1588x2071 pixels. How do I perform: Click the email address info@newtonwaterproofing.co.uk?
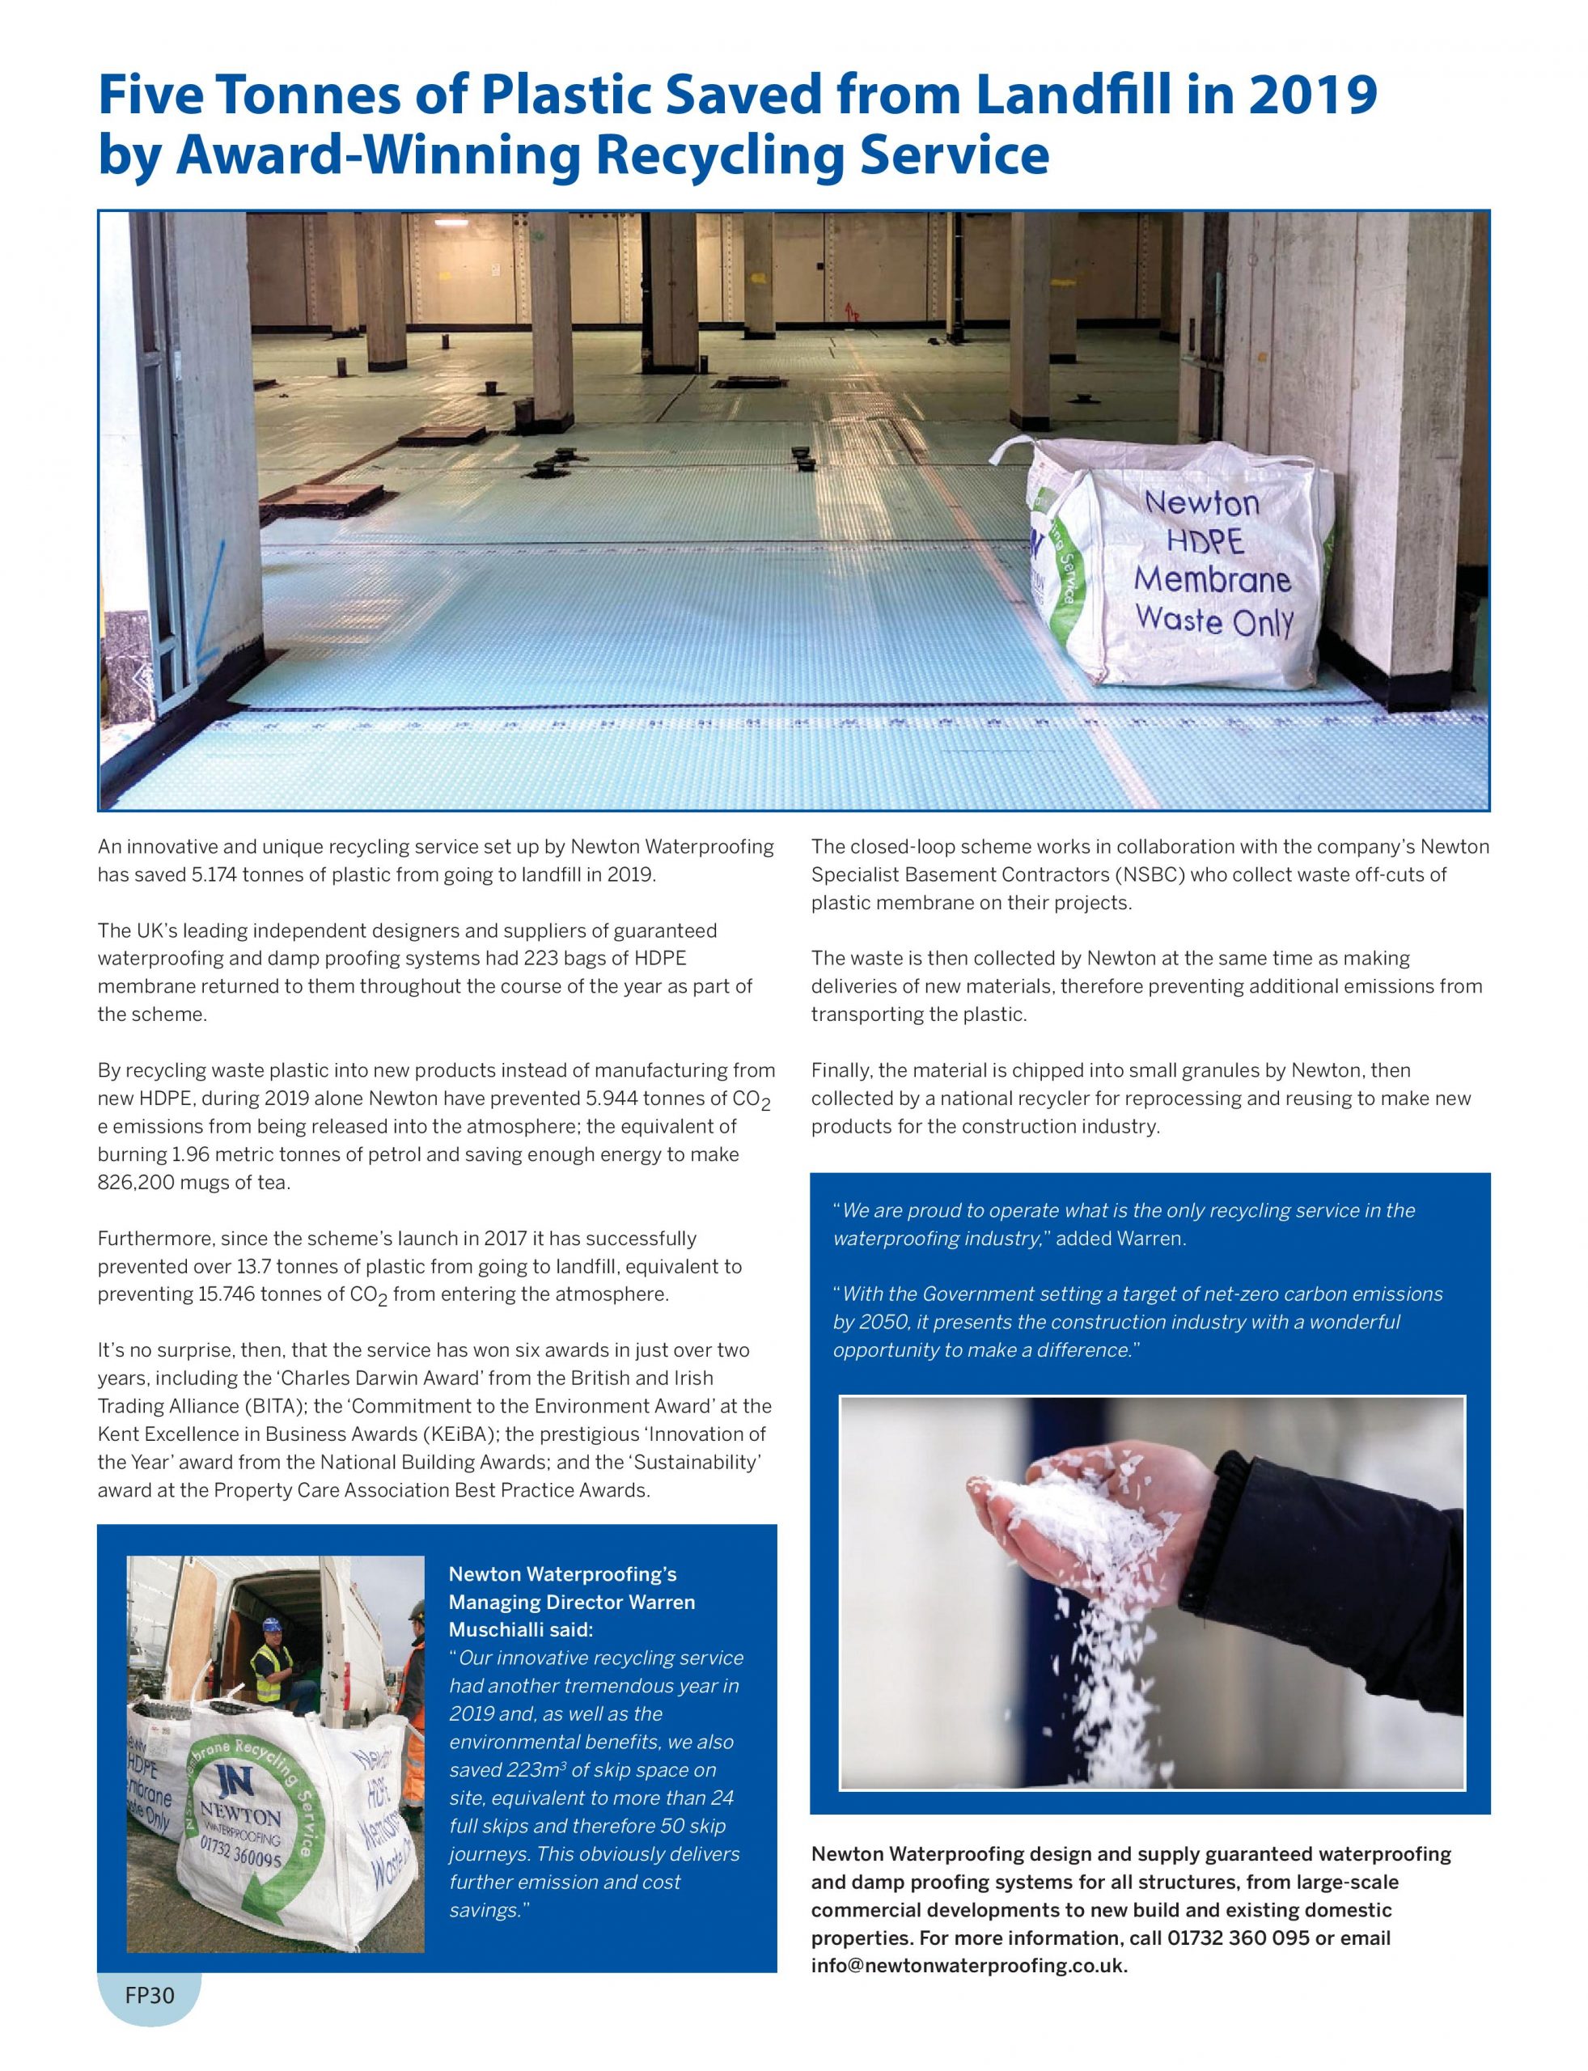click(969, 1965)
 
